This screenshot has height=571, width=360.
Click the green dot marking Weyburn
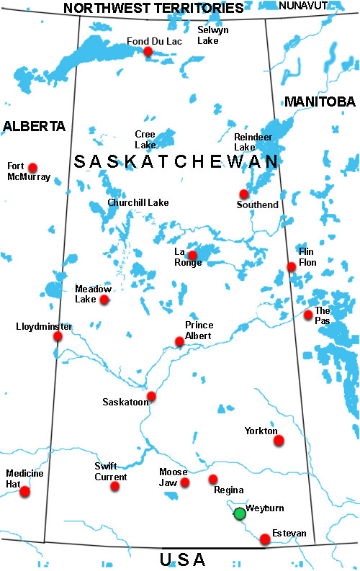point(240,513)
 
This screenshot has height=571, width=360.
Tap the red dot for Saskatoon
point(151,396)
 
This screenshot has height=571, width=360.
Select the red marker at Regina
point(213,479)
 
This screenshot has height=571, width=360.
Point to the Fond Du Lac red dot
point(148,51)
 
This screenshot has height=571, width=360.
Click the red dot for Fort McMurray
point(32,167)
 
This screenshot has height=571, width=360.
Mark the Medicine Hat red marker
point(25,492)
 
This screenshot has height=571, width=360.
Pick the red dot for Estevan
point(266,539)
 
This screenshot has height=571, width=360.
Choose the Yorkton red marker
point(279,440)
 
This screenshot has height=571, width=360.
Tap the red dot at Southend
point(244,194)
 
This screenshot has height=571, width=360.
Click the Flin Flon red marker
point(292,267)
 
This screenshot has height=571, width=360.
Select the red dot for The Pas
point(308,315)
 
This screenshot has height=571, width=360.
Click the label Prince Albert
point(199,330)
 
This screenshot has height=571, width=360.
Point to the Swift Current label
point(111,472)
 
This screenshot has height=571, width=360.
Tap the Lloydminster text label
point(44,326)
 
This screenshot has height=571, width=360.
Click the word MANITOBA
point(320,102)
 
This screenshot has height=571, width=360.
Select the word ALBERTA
point(34,127)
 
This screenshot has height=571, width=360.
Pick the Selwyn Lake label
point(214,35)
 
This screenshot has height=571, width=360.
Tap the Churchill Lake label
point(138,203)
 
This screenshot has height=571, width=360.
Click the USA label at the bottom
point(182,559)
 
